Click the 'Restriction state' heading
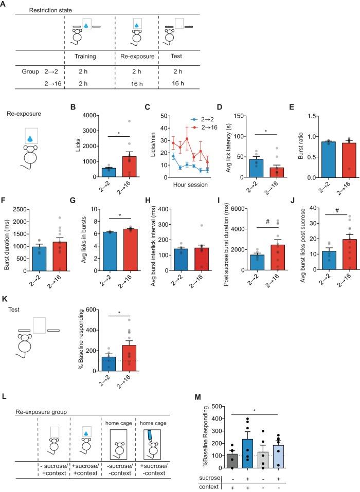(x=36, y=10)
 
